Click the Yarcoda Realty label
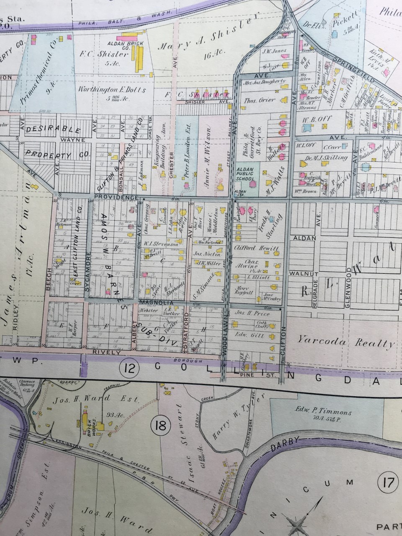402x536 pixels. [346, 341]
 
